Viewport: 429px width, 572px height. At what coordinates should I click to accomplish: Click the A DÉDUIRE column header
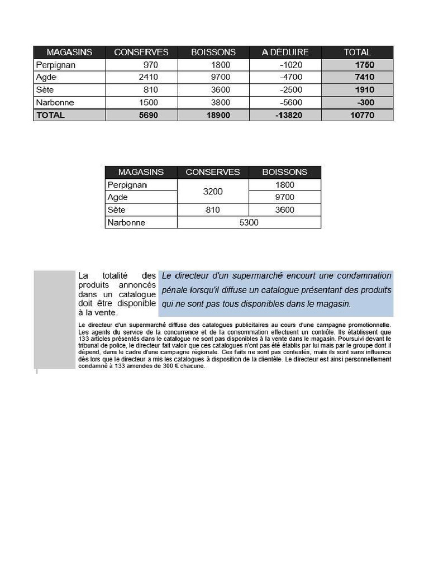pos(285,52)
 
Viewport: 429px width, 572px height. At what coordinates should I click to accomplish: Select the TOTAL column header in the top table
pos(357,52)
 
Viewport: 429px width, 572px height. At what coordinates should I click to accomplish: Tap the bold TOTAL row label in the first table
pos(50,115)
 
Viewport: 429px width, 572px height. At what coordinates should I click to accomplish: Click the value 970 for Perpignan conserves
pos(150,65)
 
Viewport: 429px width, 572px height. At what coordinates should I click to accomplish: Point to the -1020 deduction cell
pos(290,65)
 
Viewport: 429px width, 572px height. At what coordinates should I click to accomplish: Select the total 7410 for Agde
pos(364,77)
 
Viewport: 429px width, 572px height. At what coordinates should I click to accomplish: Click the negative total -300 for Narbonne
pos(365,102)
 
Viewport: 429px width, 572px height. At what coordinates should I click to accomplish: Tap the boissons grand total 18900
pos(218,115)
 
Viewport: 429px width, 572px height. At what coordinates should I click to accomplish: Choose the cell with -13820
pos(289,115)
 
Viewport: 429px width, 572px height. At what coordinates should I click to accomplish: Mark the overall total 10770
pos(362,115)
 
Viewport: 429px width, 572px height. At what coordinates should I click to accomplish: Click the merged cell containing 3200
pos(212,192)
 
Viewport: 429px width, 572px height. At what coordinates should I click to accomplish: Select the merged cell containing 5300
pos(249,222)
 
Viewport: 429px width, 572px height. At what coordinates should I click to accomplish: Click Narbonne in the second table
pos(126,222)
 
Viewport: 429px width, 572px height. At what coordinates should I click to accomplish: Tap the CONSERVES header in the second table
pos(212,172)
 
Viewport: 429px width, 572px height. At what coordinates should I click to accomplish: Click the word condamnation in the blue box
pos(365,275)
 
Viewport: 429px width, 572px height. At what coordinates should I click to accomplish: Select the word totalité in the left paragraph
pos(115,275)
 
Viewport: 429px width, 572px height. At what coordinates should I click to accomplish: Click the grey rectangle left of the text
pos(54,319)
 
